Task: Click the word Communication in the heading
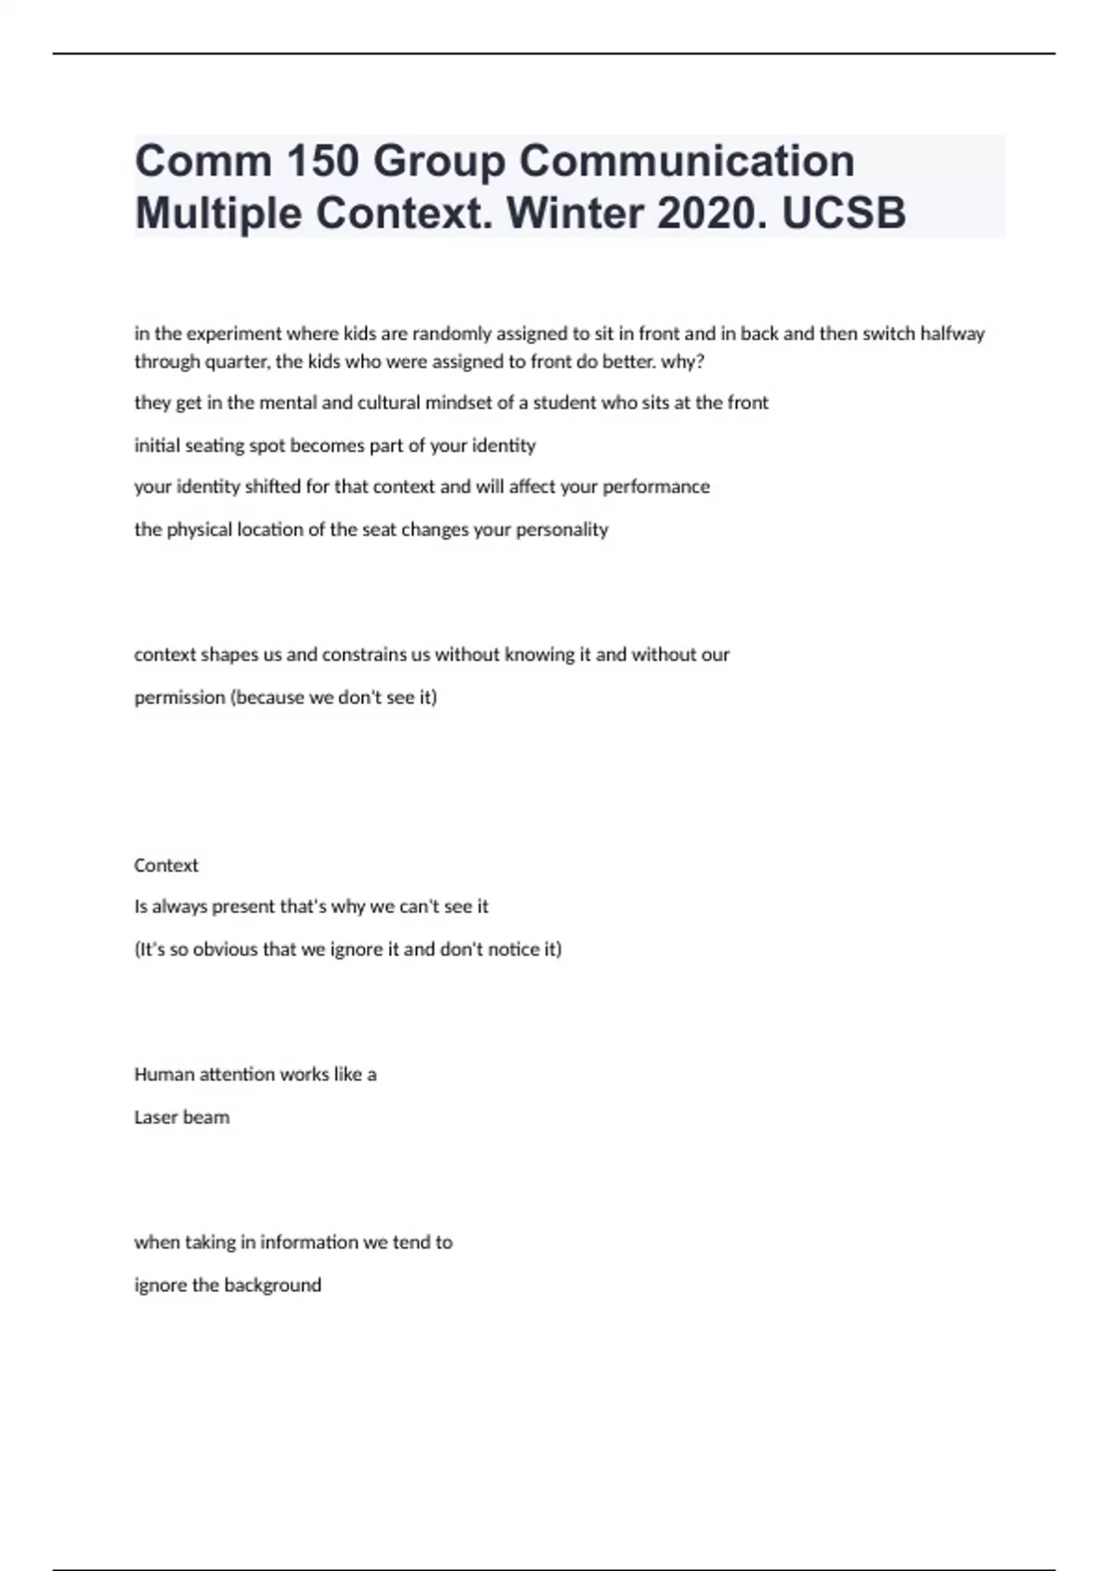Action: [x=686, y=162]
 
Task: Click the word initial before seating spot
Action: [x=158, y=445]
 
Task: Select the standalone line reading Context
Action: [x=166, y=866]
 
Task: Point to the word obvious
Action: [x=224, y=949]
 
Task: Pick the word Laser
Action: [x=154, y=1117]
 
